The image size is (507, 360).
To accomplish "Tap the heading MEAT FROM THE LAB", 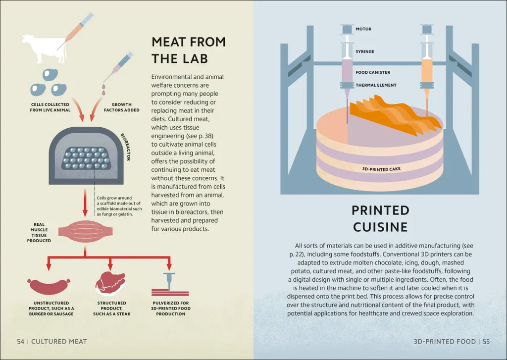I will [188, 50].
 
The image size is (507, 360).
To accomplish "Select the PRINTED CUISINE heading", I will [380, 218].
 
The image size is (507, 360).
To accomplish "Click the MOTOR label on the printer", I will [363, 29].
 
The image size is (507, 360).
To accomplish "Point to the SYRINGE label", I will [365, 51].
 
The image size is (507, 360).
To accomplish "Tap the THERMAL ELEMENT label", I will [376, 85].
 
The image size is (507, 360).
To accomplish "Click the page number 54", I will [20, 341].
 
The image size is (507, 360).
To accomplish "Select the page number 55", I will [486, 341].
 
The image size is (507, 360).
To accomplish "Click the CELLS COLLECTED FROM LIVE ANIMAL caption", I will [50, 107].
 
